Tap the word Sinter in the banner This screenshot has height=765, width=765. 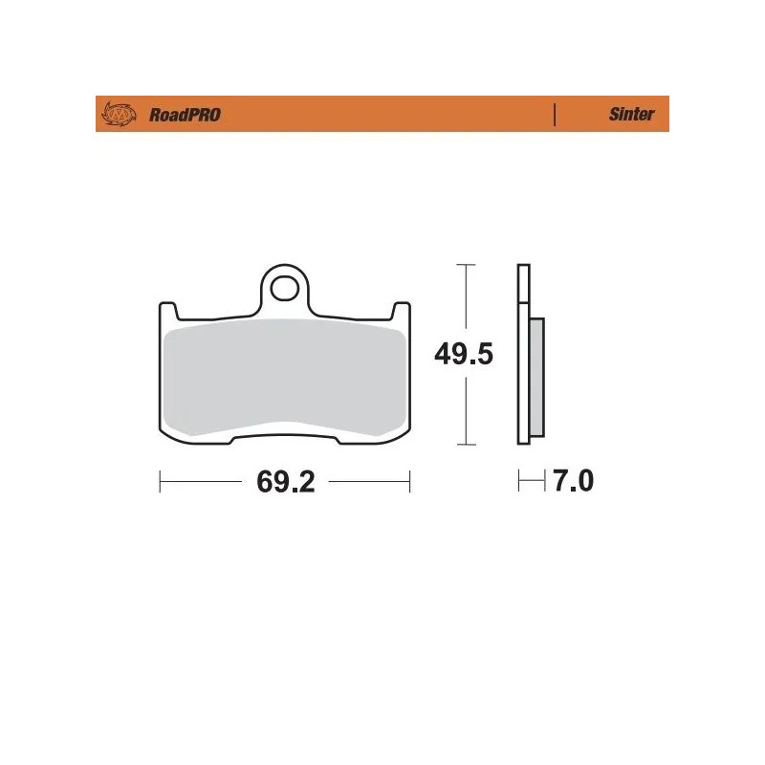[x=631, y=115]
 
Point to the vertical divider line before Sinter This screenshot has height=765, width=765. [x=555, y=115]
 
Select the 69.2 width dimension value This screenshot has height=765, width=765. [x=285, y=482]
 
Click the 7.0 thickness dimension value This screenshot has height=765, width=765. [x=570, y=482]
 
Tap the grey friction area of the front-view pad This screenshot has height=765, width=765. [x=283, y=378]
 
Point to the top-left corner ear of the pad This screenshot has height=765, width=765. [x=164, y=310]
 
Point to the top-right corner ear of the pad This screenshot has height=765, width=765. [x=403, y=310]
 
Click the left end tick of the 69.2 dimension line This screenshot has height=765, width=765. [x=160, y=482]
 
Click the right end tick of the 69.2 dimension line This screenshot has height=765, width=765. [x=409, y=482]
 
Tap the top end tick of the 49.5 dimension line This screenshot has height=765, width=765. [x=464, y=264]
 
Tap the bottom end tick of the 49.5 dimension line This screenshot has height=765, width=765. [x=464, y=445]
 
